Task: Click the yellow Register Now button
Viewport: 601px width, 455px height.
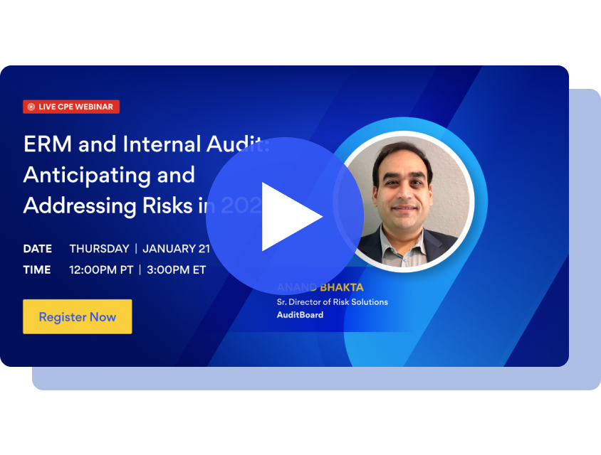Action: pyautogui.click(x=77, y=317)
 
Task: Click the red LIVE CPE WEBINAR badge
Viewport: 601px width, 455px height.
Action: pyautogui.click(x=70, y=107)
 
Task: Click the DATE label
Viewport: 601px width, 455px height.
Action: pyautogui.click(x=38, y=249)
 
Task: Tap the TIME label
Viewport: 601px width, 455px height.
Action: pyautogui.click(x=37, y=270)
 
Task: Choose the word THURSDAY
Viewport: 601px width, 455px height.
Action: pyautogui.click(x=99, y=249)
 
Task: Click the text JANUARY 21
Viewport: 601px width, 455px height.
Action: pyautogui.click(x=176, y=249)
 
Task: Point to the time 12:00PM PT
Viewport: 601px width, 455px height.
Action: pyautogui.click(x=100, y=270)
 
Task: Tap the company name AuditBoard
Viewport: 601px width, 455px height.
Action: pyautogui.click(x=300, y=314)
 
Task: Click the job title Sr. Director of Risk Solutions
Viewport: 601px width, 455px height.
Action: pyautogui.click(x=333, y=302)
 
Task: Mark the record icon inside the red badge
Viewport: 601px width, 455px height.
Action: pyautogui.click(x=31, y=107)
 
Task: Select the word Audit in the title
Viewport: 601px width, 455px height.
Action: pyautogui.click(x=239, y=144)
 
